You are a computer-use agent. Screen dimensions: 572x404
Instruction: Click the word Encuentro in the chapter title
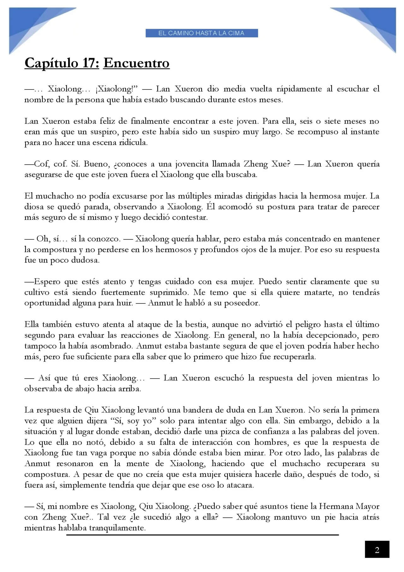pyautogui.click(x=136, y=63)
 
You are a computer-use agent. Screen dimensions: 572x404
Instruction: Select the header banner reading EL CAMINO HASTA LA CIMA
pyautogui.click(x=202, y=33)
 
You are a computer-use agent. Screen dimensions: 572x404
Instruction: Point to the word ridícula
pyautogui.click(x=133, y=143)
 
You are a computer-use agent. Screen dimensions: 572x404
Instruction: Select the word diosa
pyautogui.click(x=33, y=207)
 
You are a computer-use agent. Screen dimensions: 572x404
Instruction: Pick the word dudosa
pyautogui.click(x=86, y=260)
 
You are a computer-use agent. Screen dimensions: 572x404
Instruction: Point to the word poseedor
pyautogui.click(x=242, y=303)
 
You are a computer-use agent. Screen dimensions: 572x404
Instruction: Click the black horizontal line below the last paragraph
pyautogui.click(x=202, y=535)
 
